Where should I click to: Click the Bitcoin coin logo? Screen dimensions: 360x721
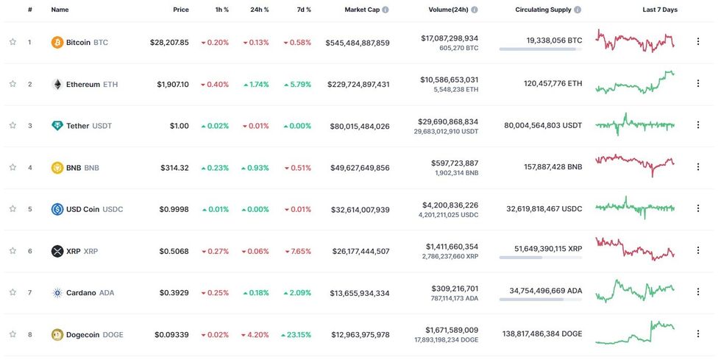[x=57, y=42]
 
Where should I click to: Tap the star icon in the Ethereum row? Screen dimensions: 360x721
[x=13, y=84]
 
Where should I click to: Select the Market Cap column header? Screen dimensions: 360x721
[x=362, y=10]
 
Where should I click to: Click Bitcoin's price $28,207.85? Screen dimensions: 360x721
[x=168, y=42]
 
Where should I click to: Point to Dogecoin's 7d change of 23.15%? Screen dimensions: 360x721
[x=296, y=335]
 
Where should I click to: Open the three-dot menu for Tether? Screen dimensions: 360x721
[x=698, y=125]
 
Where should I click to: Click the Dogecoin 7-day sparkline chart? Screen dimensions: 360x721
[x=635, y=332]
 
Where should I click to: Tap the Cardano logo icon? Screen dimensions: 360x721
[x=57, y=293]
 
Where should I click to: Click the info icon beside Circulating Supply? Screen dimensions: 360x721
[x=578, y=10]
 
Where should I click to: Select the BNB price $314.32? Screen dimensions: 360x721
[x=174, y=168]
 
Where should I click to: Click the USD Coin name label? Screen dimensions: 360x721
[x=82, y=209]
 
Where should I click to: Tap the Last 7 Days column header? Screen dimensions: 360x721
[x=660, y=10]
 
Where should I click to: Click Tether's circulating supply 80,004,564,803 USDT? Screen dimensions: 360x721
[x=543, y=125]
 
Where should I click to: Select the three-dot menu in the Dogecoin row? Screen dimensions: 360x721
[x=698, y=334]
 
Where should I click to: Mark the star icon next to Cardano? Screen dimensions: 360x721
[x=13, y=293]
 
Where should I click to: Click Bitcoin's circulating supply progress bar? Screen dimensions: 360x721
[x=540, y=49]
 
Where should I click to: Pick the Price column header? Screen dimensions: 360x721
[x=180, y=10]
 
